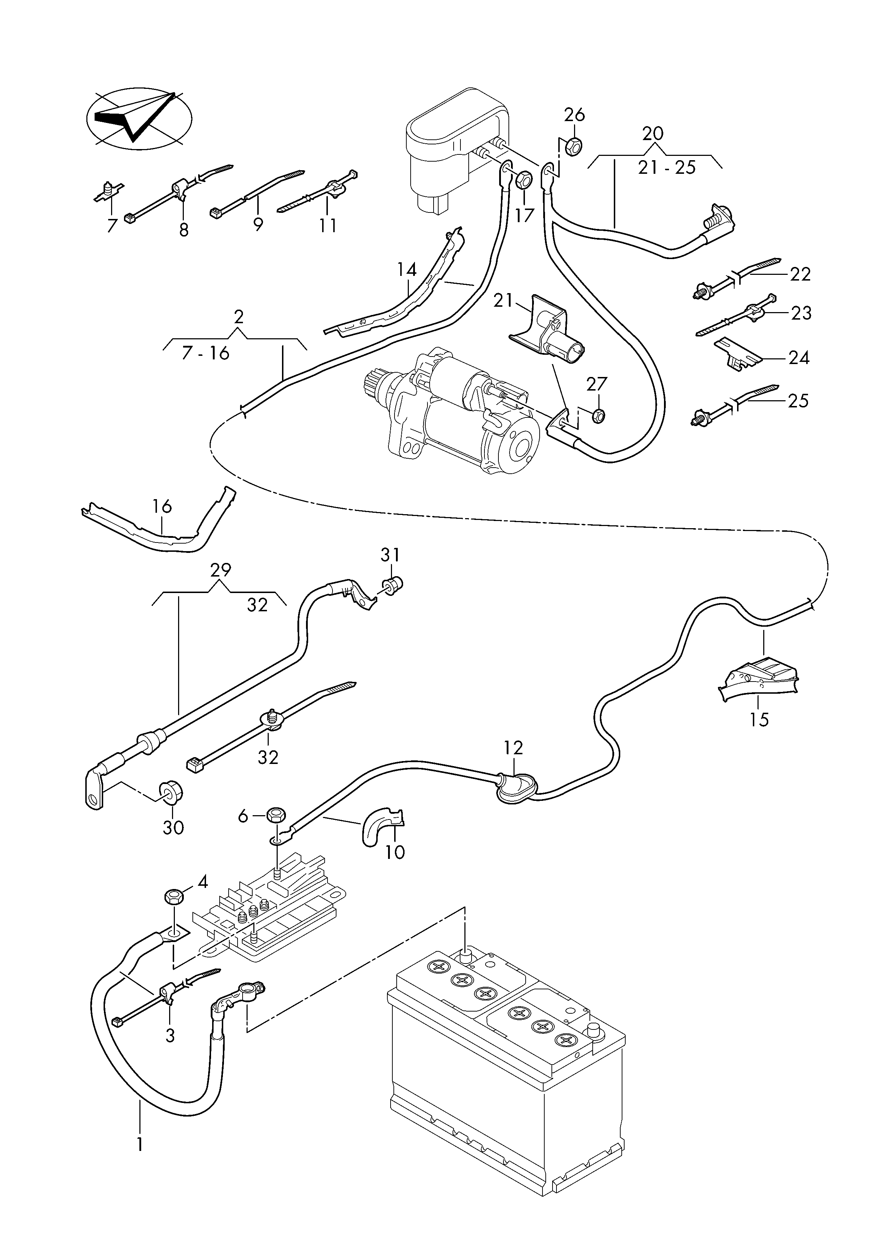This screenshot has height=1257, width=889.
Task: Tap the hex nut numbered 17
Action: (525, 179)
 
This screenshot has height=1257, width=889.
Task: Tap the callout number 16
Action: (163, 506)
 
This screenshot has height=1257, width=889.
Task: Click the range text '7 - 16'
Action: (205, 353)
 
